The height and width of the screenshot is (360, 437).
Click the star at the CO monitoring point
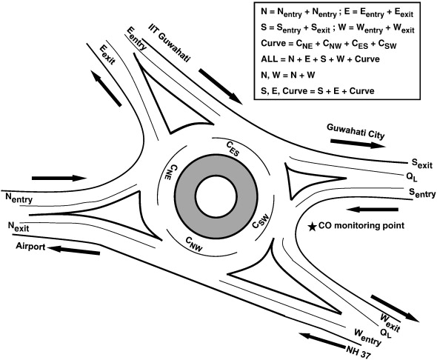[312, 227]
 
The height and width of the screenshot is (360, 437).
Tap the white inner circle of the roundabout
[216, 196]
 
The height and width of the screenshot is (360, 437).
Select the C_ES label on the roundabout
[233, 148]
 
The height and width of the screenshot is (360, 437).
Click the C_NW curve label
[194, 244]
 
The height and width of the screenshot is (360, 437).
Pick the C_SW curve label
[261, 221]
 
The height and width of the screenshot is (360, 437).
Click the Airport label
[30, 247]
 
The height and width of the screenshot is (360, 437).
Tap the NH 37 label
[358, 352]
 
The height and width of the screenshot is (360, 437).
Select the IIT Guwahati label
[170, 43]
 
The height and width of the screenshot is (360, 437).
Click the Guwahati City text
[356, 131]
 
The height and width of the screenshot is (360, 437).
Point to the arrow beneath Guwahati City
[358, 144]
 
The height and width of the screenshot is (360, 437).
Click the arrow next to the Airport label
[74, 250]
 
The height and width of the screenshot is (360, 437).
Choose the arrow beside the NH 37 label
[322, 341]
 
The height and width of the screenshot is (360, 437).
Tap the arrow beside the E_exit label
[107, 88]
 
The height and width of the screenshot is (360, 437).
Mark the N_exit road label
[19, 226]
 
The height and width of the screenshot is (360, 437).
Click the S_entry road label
[422, 193]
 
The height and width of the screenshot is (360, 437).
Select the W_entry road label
[367, 337]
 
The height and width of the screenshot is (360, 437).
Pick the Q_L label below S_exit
[413, 177]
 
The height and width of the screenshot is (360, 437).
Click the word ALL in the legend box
[269, 59]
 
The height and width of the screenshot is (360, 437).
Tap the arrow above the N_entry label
[59, 178]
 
